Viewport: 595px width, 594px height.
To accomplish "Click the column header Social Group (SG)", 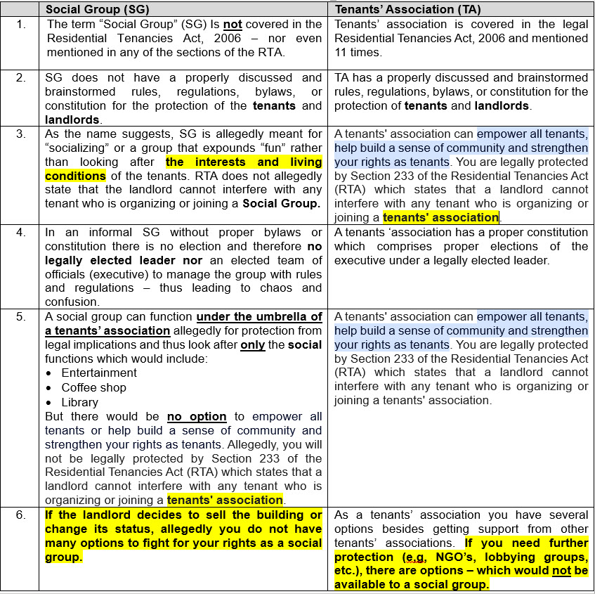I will (98, 9).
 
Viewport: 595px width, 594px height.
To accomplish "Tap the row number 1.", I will (21, 23).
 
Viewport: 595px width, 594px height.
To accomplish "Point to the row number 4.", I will (21, 232).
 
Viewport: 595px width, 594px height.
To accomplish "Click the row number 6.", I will (21, 515).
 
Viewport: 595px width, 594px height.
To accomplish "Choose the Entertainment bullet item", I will (99, 373).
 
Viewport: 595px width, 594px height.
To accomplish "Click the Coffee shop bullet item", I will (93, 387).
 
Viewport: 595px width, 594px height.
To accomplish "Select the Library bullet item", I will (79, 402).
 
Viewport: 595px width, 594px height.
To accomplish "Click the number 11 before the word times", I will (341, 52).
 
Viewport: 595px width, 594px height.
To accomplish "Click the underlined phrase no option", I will (197, 416).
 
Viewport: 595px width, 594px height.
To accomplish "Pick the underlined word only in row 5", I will (252, 344).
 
